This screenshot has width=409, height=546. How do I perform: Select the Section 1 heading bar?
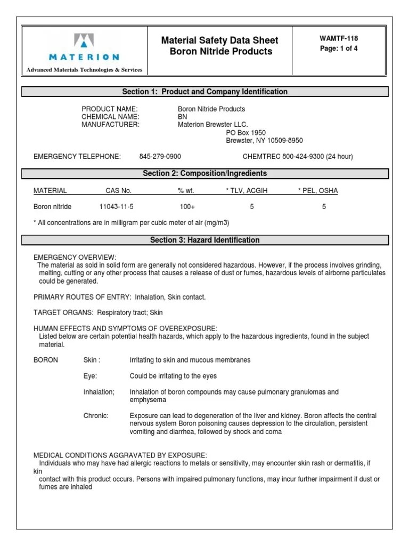click(204, 92)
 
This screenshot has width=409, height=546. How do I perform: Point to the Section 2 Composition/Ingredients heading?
click(204, 173)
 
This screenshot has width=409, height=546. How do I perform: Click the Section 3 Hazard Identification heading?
click(204, 240)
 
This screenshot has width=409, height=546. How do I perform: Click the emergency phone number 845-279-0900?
click(160, 157)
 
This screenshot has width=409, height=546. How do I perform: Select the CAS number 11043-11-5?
click(116, 206)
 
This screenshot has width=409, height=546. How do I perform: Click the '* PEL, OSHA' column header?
click(317, 190)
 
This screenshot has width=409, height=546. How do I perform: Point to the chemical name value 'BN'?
click(182, 117)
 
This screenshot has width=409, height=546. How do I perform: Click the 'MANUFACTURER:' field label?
click(110, 125)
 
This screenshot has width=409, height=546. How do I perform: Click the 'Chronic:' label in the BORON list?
click(96, 415)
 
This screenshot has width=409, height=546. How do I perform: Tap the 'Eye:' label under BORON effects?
click(91, 376)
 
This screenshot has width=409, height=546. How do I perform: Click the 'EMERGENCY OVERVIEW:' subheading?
click(75, 258)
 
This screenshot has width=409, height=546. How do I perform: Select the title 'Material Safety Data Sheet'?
click(220, 41)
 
